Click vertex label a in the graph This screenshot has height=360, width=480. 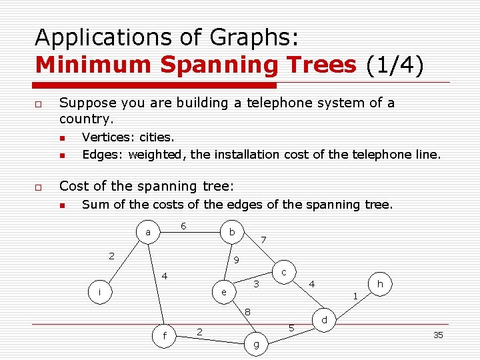tap(147, 233)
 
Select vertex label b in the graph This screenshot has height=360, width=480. tap(231, 232)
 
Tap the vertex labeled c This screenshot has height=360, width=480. tap(284, 272)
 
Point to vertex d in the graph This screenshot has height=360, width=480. tap(324, 321)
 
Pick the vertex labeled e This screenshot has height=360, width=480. tap(224, 292)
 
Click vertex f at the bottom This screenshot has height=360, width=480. tap(165, 335)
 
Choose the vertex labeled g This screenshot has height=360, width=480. tap(257, 345)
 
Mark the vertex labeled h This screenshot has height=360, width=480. tap(380, 284)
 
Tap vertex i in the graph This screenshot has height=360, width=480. tap(99, 292)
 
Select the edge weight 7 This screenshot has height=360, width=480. tap(263, 239)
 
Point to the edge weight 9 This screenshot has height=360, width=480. tap(236, 260)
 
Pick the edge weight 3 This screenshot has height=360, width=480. tap(255, 285)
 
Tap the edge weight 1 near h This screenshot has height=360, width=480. tap(355, 295)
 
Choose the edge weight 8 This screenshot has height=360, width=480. tap(247, 311)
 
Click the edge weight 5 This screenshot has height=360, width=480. tap(291, 327)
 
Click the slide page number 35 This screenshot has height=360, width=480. tap(438, 335)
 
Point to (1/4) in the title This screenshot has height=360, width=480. tap(395, 65)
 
